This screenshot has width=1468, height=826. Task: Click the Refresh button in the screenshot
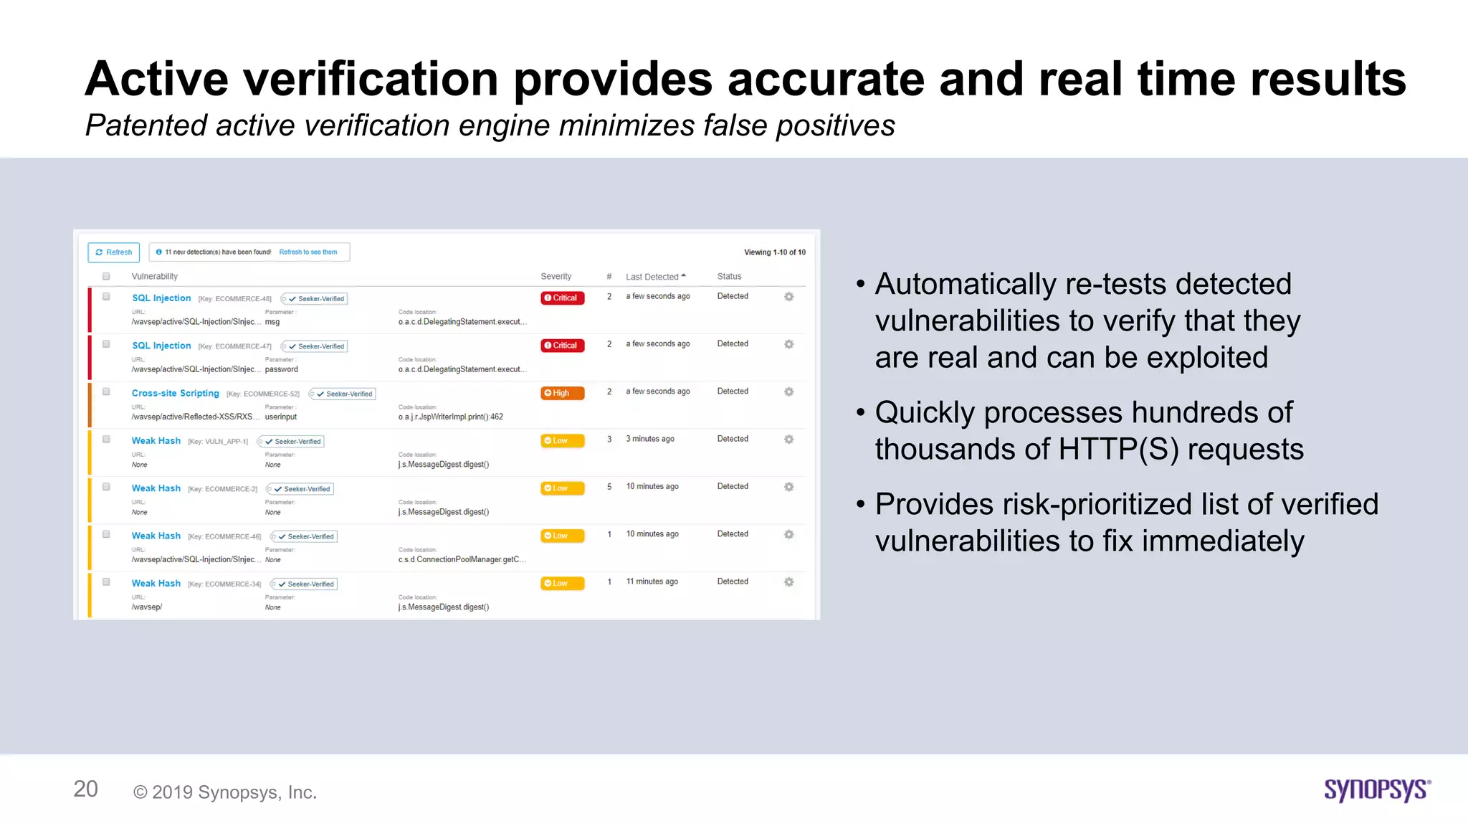tap(114, 252)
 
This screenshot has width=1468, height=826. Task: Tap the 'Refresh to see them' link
tap(308, 252)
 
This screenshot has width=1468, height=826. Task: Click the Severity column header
tap(556, 277)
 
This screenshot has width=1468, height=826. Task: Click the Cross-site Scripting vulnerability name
tap(175, 394)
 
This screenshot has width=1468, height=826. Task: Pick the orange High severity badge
tap(562, 393)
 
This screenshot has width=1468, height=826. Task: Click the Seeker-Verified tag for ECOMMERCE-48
tap(316, 299)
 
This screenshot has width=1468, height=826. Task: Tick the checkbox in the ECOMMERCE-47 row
tap(106, 344)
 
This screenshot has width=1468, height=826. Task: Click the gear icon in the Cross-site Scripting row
tap(788, 392)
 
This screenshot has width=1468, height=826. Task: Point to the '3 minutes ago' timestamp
tap(650, 439)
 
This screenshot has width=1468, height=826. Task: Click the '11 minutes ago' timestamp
tap(652, 581)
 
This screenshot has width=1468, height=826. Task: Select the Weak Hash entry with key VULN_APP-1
tap(156, 441)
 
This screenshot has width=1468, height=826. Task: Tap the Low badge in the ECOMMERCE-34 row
tap(562, 584)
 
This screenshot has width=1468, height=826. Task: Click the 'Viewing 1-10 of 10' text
tap(774, 252)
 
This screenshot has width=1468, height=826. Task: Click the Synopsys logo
tap(1376, 789)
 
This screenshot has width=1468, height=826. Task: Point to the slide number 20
tap(85, 789)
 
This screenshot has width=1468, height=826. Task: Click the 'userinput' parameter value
tap(281, 417)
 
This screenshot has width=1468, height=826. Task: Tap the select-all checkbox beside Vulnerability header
tap(106, 277)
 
